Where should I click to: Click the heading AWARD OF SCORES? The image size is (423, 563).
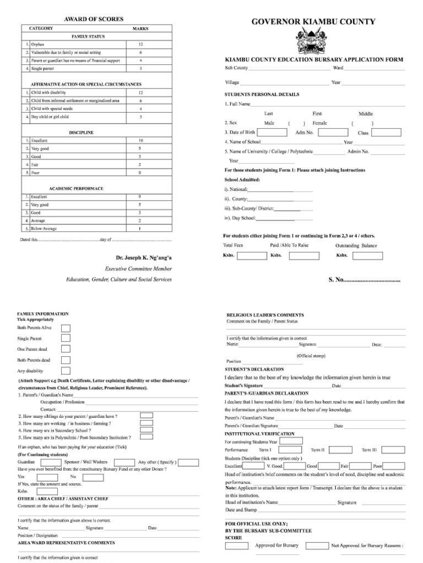click(x=94, y=19)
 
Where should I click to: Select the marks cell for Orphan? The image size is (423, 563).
click(x=140, y=44)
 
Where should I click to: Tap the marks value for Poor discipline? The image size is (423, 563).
click(x=140, y=173)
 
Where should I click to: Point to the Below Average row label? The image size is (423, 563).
click(x=44, y=228)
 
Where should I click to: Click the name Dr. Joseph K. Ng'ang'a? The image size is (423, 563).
click(x=144, y=257)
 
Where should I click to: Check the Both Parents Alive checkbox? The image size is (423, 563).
click(x=66, y=328)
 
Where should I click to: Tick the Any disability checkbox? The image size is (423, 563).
click(x=66, y=371)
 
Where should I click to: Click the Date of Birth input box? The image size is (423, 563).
click(x=272, y=133)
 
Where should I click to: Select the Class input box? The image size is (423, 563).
click(x=387, y=133)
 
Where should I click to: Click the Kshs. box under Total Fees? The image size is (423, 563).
click(x=251, y=256)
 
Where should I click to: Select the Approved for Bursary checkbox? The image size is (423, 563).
click(x=236, y=546)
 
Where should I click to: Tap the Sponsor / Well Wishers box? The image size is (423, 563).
click(x=123, y=462)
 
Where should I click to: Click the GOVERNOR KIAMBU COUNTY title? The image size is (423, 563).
click(x=313, y=22)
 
